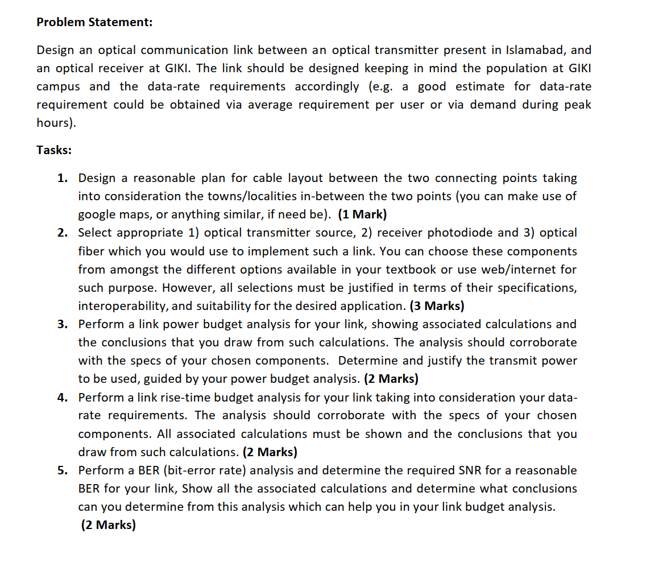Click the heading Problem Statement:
point(94,22)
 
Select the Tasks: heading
point(54,150)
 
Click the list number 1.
point(62,178)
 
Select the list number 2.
point(62,233)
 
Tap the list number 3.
point(62,324)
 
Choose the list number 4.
point(62,397)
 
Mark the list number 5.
point(62,470)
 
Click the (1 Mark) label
point(362,214)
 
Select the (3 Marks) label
point(437,306)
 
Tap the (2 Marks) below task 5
point(108,525)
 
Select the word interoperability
point(122,306)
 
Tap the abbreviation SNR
point(472,470)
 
